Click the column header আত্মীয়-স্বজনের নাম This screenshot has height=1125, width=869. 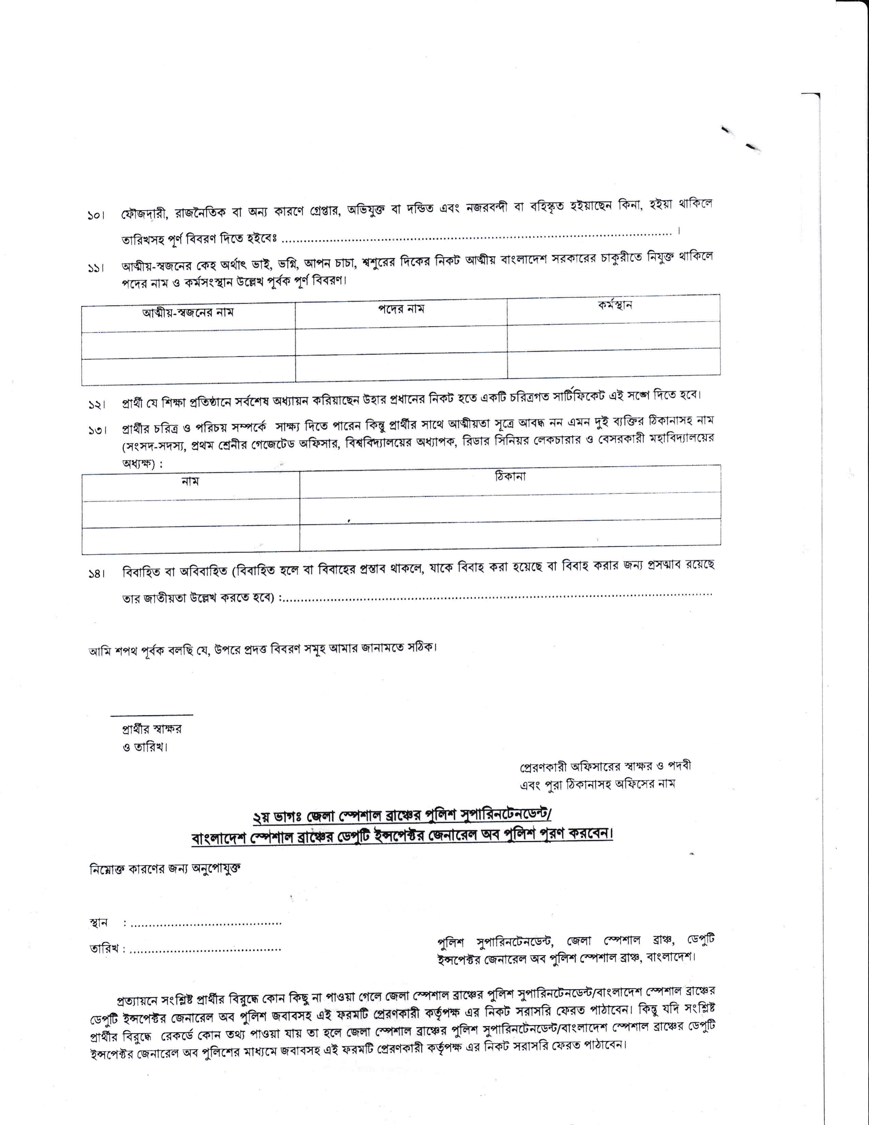click(188, 312)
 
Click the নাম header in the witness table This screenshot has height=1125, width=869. click(190, 481)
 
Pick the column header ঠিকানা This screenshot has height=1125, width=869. click(510, 476)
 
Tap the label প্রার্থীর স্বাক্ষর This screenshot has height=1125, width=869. click(151, 729)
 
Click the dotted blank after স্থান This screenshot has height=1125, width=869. click(206, 923)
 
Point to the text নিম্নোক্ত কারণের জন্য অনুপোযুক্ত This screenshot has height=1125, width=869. click(165, 868)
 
